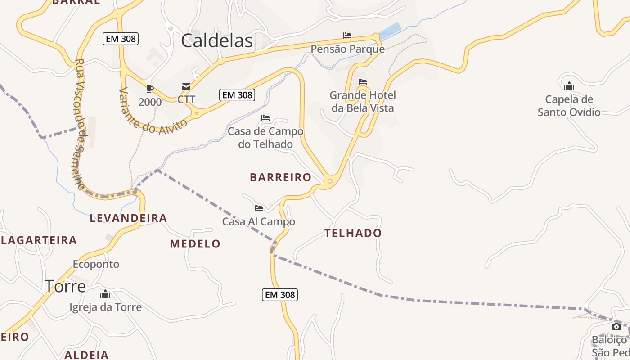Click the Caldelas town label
pos(217,41)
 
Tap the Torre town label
pos(65,286)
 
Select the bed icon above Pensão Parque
pos(347,36)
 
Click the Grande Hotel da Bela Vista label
pos(363,102)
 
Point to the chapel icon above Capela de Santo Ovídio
pos(569,86)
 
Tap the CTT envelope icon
pos(186,87)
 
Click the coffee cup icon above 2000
pos(150,89)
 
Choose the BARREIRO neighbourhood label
pos(281,177)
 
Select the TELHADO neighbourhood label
pos(353,233)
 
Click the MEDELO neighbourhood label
pos(195,244)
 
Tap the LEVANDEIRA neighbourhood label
pos(129,218)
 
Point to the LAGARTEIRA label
pos(39,240)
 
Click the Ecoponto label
pos(96,264)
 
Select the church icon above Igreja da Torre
pos(105,294)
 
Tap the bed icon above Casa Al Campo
pos(259,208)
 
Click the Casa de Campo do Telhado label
pos(265,138)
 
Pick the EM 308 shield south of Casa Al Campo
pos(280,295)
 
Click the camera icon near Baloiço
pos(616,326)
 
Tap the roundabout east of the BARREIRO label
pos(330,181)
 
